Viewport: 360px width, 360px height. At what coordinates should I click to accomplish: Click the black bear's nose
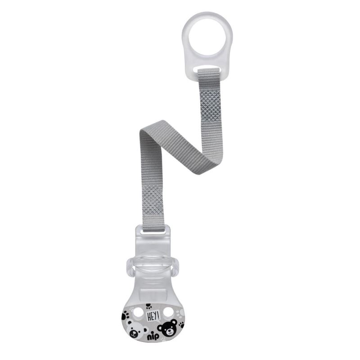(x=170, y=330)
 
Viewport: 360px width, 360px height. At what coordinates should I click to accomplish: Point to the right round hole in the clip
(x=168, y=312)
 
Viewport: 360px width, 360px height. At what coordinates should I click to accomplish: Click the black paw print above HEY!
(x=149, y=306)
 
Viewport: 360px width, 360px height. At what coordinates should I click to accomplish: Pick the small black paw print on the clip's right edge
(x=182, y=324)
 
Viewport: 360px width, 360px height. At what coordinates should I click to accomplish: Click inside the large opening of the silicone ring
(x=207, y=37)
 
